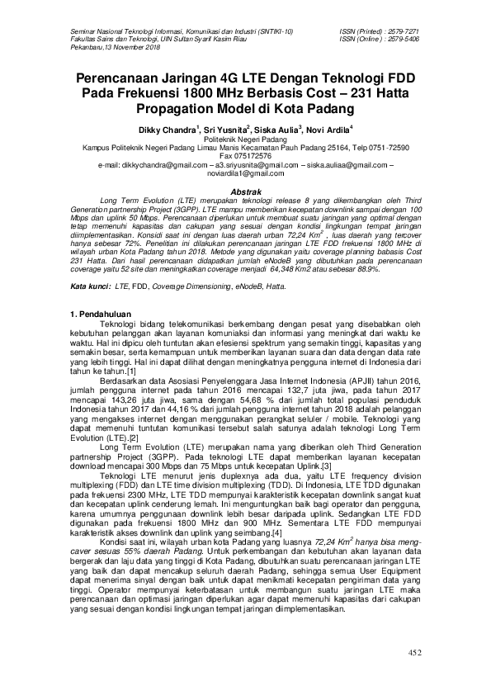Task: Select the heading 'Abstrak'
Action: coord(246,191)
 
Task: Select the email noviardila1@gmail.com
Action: coord(245,174)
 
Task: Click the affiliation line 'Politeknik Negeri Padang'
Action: coord(245,139)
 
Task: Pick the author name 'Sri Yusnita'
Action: coord(223,129)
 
